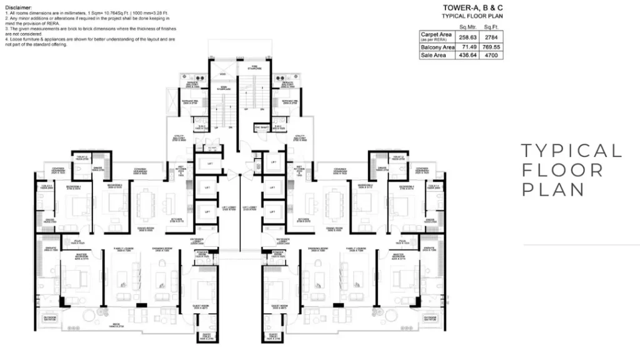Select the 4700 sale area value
(x=491, y=55)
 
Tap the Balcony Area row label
(x=437, y=47)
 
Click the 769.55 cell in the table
(x=491, y=47)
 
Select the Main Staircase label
(x=222, y=89)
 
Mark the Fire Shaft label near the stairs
(x=261, y=127)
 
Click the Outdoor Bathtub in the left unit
(x=50, y=320)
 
